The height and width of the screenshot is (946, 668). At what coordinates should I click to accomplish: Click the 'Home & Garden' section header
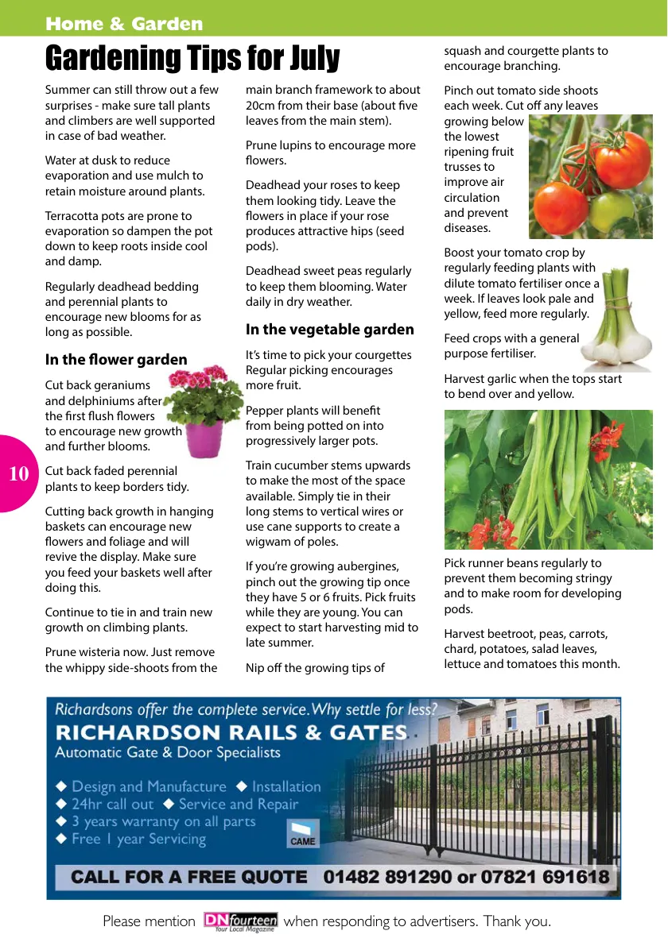(124, 24)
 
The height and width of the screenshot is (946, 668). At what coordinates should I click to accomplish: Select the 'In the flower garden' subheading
(116, 360)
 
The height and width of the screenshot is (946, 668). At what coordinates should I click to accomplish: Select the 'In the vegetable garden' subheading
(329, 329)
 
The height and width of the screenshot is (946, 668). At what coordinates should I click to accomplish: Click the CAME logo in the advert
(302, 834)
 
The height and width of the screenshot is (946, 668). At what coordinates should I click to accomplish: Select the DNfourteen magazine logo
(240, 921)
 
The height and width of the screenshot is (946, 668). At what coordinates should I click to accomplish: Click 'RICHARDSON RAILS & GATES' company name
(231, 732)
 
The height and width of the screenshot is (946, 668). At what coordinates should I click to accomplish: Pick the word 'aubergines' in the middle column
(371, 566)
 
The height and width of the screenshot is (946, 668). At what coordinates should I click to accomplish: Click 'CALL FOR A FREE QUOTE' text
(188, 878)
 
